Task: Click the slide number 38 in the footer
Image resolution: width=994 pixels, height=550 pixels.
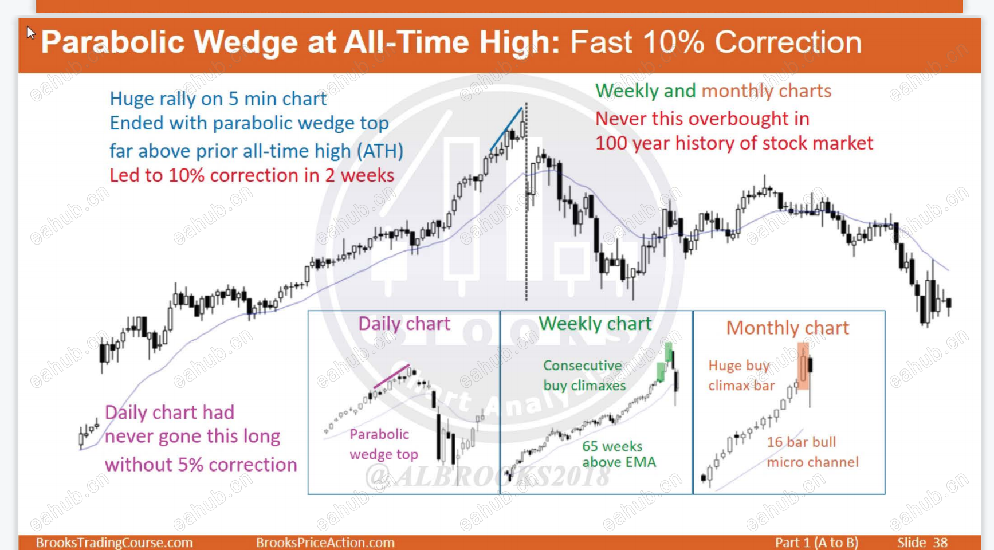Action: pos(940,542)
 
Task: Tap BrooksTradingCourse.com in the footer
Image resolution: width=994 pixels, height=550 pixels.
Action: pos(115,543)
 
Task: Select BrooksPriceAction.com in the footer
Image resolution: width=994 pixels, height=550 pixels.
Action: pos(325,543)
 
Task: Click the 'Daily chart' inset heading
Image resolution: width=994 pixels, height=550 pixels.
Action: pos(404,324)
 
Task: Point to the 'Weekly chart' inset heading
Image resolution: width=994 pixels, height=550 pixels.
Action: pos(595,324)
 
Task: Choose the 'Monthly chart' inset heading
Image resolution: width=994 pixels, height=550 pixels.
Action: pos(788,328)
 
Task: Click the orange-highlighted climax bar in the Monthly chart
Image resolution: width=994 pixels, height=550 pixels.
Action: pos(804,367)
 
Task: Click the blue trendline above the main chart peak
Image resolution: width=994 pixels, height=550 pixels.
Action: pos(506,129)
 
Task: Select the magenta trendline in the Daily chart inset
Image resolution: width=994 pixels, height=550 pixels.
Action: pos(392,376)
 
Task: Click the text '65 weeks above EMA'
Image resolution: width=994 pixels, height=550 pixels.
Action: pos(619,454)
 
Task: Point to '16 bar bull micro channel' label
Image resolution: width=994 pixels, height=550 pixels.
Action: pos(813,452)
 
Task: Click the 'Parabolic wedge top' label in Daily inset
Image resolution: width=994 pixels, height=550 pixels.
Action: pos(384,444)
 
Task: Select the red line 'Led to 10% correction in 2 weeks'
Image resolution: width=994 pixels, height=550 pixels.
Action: pos(252,175)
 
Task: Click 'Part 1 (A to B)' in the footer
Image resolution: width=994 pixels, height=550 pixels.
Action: pos(816,543)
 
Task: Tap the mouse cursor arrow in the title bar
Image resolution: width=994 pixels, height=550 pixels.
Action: pos(31,33)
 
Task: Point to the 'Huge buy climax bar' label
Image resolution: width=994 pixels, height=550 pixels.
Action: pos(741,375)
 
